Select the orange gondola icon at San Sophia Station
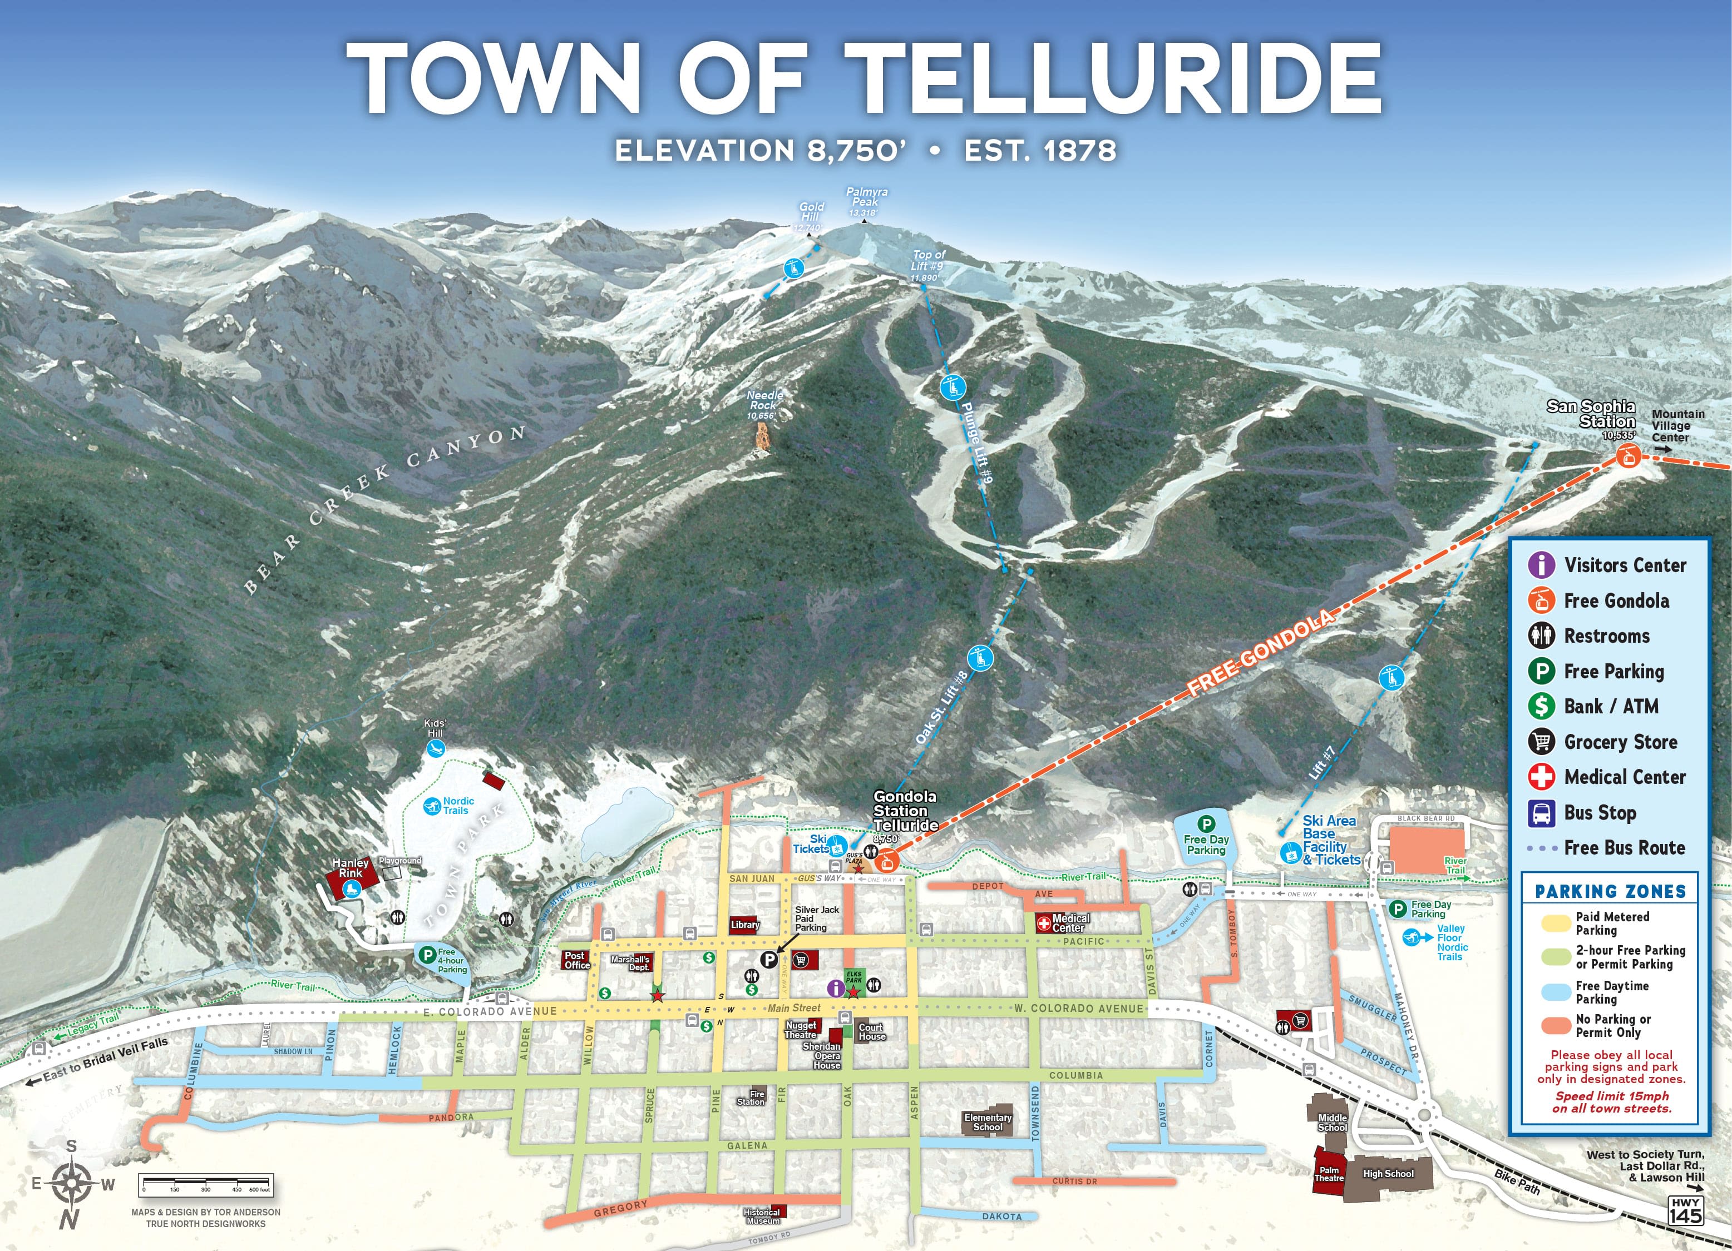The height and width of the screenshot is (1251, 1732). pyautogui.click(x=1627, y=456)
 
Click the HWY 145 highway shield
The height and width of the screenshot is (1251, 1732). pyautogui.click(x=1685, y=1210)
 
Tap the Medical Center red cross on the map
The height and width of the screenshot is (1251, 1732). pyautogui.click(x=1043, y=923)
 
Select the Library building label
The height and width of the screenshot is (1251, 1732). pyautogui.click(x=744, y=924)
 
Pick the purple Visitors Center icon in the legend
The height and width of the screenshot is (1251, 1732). pyautogui.click(x=1541, y=565)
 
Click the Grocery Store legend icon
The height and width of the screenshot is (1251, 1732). pyautogui.click(x=1541, y=741)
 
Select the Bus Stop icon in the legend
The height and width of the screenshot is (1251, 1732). pyautogui.click(x=1541, y=812)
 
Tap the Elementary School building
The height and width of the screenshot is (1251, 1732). pyautogui.click(x=988, y=1120)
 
